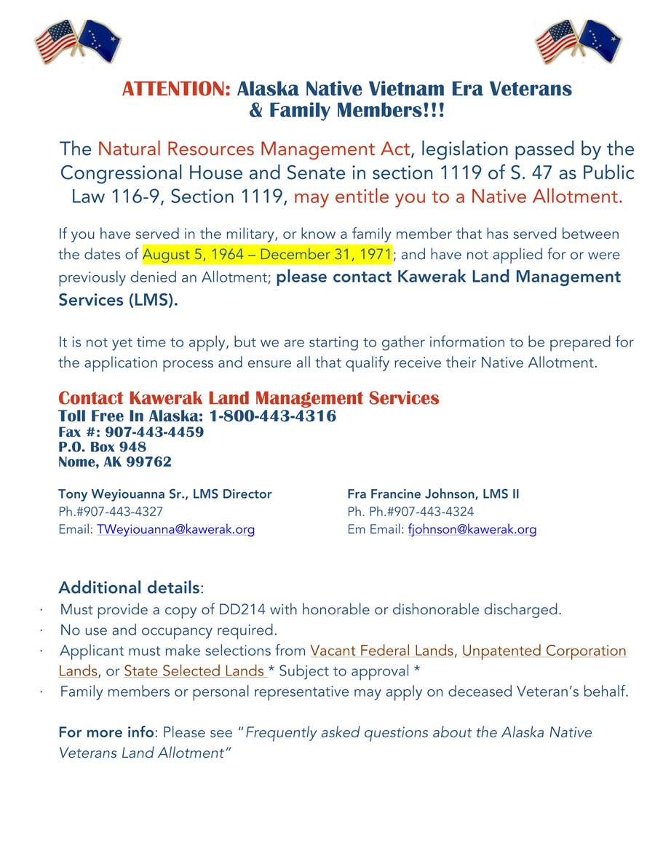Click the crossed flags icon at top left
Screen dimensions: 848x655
click(78, 42)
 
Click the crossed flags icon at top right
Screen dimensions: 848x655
click(579, 42)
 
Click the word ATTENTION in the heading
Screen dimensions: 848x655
click(176, 90)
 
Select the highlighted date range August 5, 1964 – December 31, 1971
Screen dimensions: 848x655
click(267, 255)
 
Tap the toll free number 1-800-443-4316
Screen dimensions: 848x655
click(273, 416)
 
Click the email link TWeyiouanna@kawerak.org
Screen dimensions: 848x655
click(175, 530)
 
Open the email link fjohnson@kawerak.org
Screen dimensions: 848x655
click(472, 530)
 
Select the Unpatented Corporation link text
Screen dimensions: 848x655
click(544, 651)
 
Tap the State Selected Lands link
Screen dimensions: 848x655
click(194, 671)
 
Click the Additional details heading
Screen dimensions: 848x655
click(129, 587)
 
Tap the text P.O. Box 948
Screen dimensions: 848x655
click(102, 447)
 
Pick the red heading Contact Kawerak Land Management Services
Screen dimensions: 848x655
click(248, 398)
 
